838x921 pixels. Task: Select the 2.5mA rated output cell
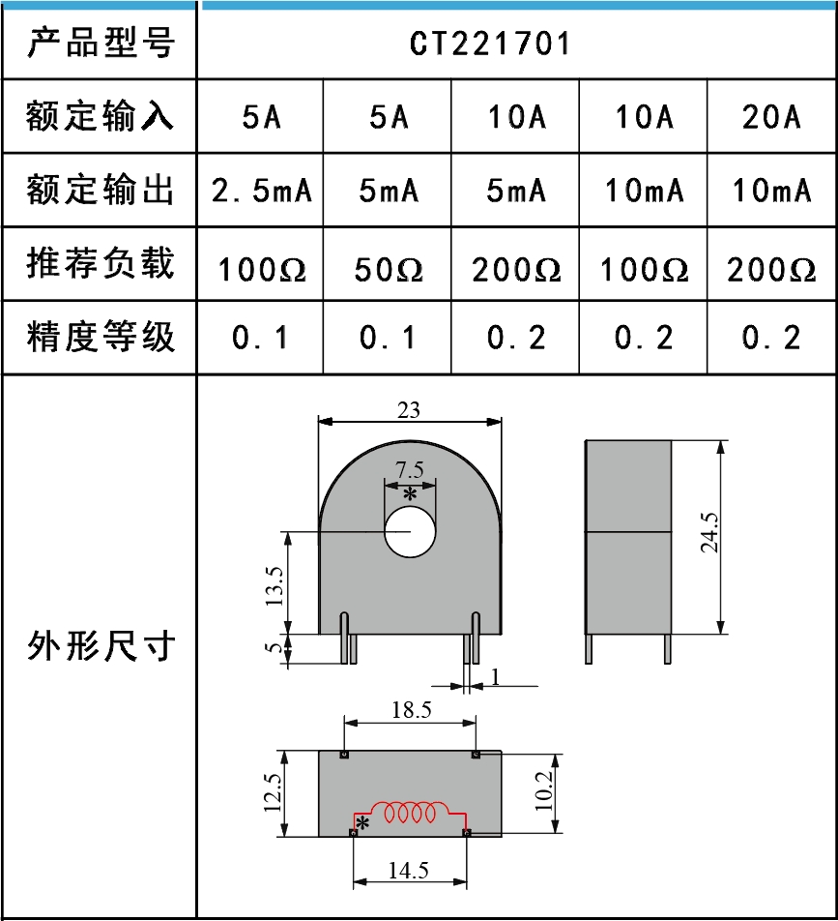(x=262, y=191)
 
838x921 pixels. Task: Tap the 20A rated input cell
(x=771, y=117)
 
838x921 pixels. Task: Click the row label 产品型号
(x=101, y=43)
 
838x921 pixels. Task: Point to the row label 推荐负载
(x=101, y=263)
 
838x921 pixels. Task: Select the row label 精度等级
(x=101, y=337)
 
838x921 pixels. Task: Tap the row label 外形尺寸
(x=101, y=645)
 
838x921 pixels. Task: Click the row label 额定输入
(x=101, y=117)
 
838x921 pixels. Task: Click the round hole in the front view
(x=411, y=531)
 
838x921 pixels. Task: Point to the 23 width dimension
(x=409, y=410)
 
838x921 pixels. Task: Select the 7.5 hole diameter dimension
(x=410, y=470)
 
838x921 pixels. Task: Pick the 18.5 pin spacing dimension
(x=411, y=710)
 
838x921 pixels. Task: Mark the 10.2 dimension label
(x=542, y=790)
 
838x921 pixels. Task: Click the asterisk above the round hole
(x=410, y=494)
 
